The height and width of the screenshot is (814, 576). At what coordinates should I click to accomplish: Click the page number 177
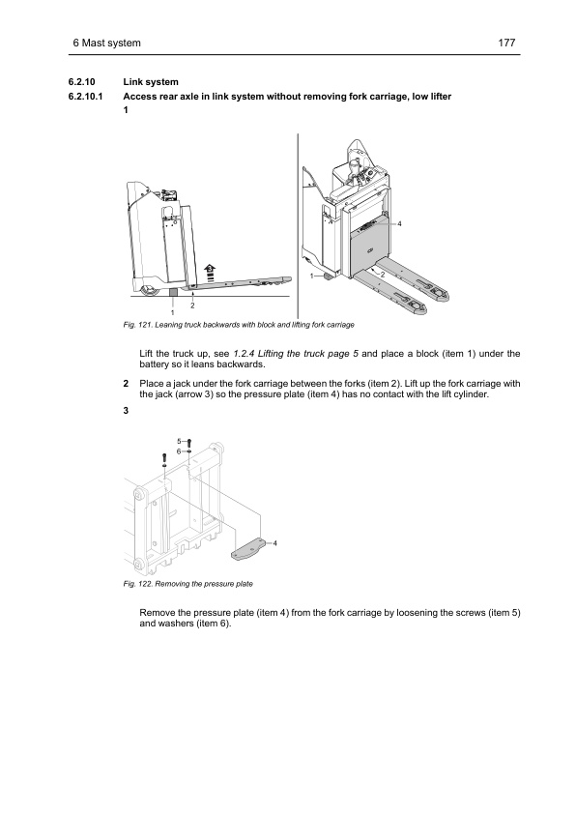506,43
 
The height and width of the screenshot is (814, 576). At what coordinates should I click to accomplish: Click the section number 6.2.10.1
86,97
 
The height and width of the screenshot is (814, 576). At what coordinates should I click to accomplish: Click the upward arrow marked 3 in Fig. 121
210,273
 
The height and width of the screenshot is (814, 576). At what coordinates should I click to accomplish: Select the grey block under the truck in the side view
173,292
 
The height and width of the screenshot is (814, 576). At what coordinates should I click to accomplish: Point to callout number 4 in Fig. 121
399,223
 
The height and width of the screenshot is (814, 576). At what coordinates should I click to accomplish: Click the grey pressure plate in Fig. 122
248,550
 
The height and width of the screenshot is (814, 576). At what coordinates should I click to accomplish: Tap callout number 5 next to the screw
179,442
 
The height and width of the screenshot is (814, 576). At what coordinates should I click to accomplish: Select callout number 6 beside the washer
179,451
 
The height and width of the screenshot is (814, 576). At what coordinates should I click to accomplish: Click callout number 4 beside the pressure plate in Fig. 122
275,543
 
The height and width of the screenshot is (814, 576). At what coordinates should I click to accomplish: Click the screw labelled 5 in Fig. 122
188,443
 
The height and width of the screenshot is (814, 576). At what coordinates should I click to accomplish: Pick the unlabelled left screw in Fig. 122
164,457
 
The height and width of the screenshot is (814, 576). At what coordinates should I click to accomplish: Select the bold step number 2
126,384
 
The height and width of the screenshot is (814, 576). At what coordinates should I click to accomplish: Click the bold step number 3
126,411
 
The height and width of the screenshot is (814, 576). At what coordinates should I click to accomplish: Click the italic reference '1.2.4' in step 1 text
243,354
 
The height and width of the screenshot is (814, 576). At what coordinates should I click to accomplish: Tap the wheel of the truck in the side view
146,290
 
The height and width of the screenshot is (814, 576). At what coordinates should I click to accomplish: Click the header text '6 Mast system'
106,43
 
